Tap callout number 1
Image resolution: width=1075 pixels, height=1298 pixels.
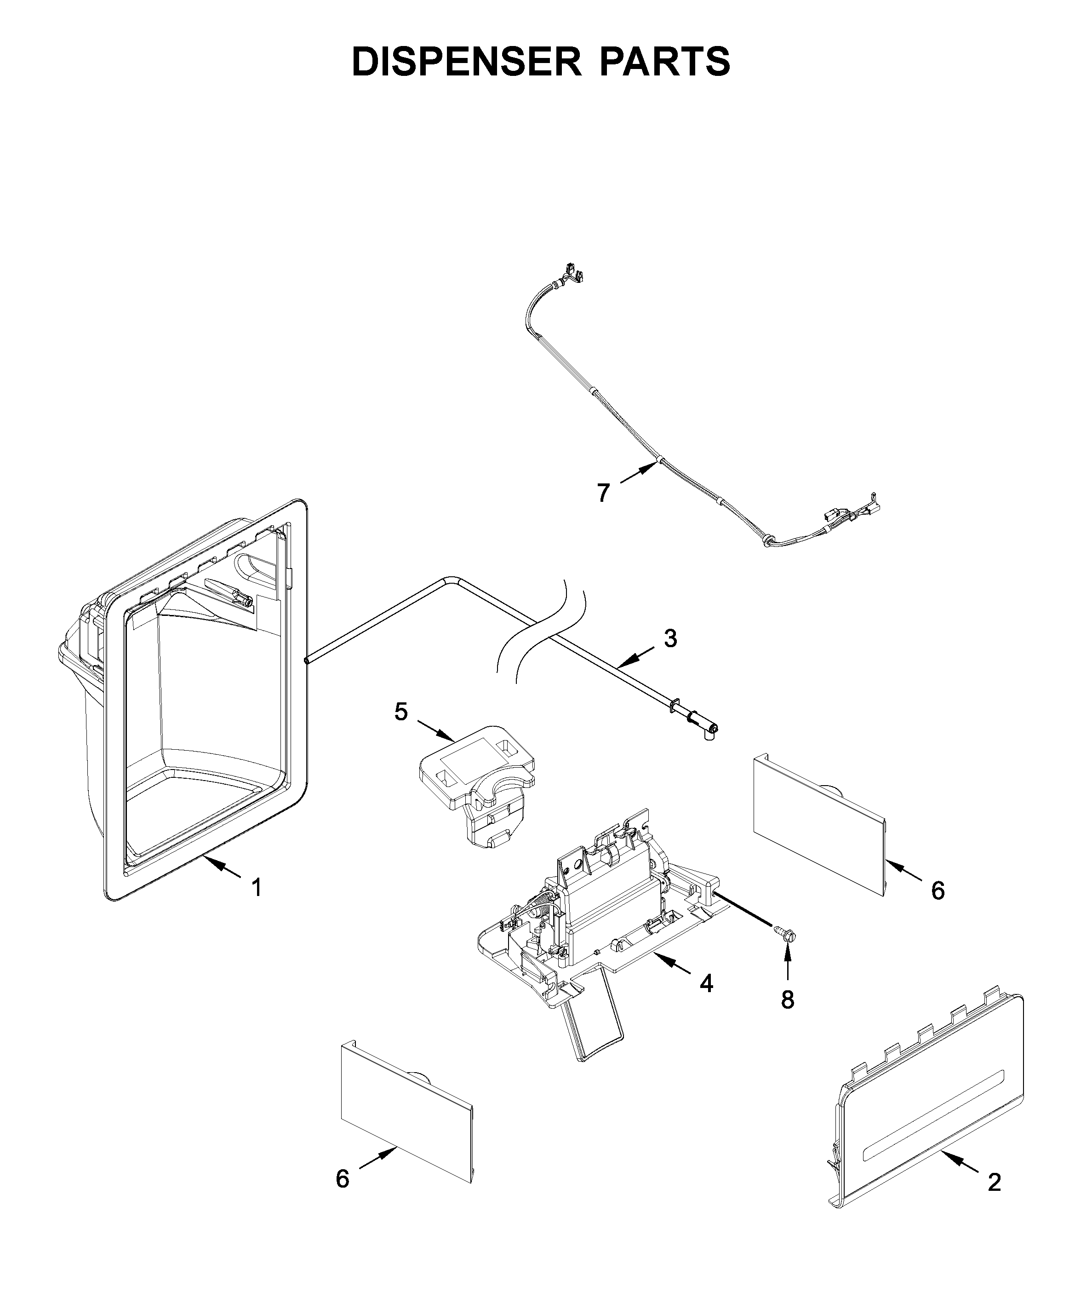point(256,888)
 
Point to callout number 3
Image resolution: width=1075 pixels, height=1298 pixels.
point(670,638)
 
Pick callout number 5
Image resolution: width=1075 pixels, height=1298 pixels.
point(401,712)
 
